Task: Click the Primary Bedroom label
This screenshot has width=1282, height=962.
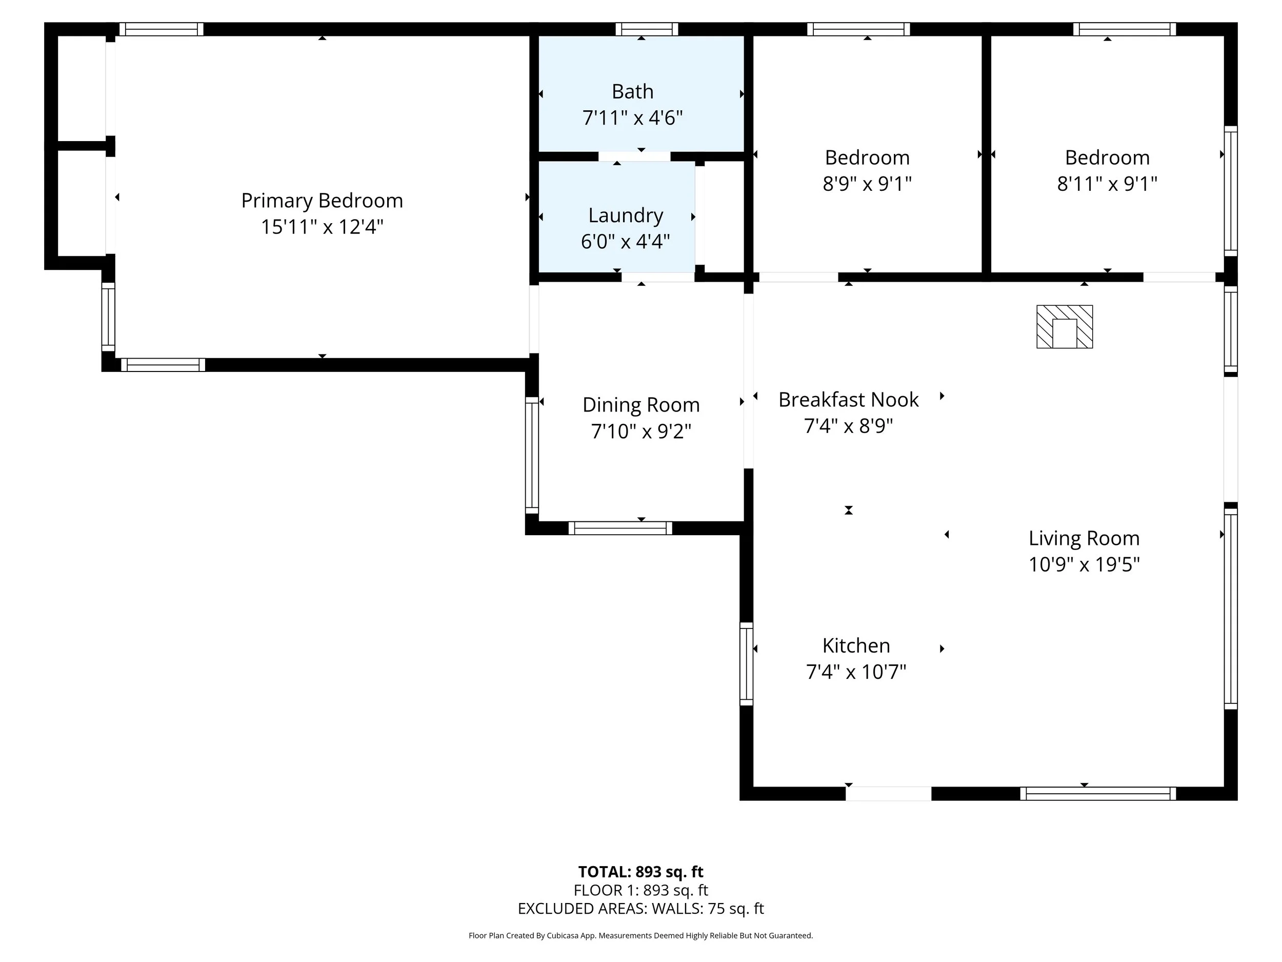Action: [322, 201]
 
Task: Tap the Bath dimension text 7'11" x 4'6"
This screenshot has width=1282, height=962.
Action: [632, 117]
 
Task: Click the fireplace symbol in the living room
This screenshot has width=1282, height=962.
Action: [1064, 326]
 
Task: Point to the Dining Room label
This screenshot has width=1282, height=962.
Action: [641, 405]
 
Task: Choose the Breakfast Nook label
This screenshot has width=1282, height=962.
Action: [849, 400]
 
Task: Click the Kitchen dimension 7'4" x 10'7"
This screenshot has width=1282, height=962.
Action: [856, 672]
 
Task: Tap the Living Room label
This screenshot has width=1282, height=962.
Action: [1084, 539]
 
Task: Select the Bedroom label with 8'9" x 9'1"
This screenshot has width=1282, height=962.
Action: [867, 158]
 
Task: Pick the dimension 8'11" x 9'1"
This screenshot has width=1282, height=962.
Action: [1107, 184]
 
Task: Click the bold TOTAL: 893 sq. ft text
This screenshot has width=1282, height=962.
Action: [640, 872]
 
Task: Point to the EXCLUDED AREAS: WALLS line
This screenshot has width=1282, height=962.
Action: [640, 909]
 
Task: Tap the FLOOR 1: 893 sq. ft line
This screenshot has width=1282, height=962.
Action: [640, 890]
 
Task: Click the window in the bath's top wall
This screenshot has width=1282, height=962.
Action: [647, 29]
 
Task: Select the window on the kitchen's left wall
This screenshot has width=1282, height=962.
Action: [747, 664]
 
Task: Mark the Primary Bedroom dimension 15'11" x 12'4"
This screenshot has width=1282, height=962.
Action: [322, 227]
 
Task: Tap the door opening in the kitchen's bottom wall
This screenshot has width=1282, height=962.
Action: [889, 794]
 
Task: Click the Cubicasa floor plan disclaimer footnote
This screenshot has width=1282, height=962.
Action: [640, 935]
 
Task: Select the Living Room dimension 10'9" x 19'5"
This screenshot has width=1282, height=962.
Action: [1084, 564]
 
